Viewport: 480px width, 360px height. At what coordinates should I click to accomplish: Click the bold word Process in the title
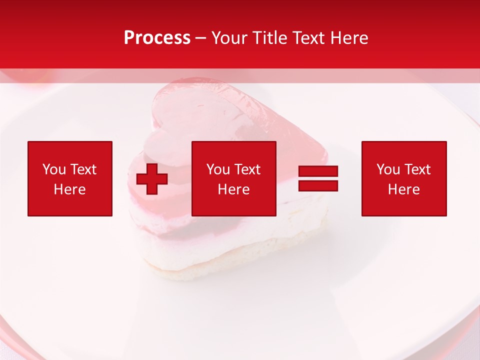click(157, 38)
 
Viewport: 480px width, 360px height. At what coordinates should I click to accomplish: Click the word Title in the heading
click(269, 38)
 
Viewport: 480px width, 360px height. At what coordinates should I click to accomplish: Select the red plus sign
click(152, 179)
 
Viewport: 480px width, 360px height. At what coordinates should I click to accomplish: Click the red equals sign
click(318, 178)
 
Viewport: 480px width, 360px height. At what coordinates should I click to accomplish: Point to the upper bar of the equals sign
click(318, 171)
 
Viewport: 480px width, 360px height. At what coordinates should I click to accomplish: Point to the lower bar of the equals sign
click(318, 185)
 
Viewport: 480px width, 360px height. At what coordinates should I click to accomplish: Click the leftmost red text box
click(70, 178)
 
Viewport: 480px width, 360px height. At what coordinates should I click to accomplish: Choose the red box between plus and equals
click(233, 178)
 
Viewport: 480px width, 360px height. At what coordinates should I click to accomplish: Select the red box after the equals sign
click(404, 178)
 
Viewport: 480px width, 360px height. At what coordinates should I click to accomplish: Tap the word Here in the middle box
click(233, 189)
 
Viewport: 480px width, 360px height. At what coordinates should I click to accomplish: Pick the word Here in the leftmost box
click(70, 189)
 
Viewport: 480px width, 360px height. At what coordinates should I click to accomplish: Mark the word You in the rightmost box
click(388, 169)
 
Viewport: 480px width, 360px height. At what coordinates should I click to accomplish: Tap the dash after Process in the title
click(201, 38)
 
